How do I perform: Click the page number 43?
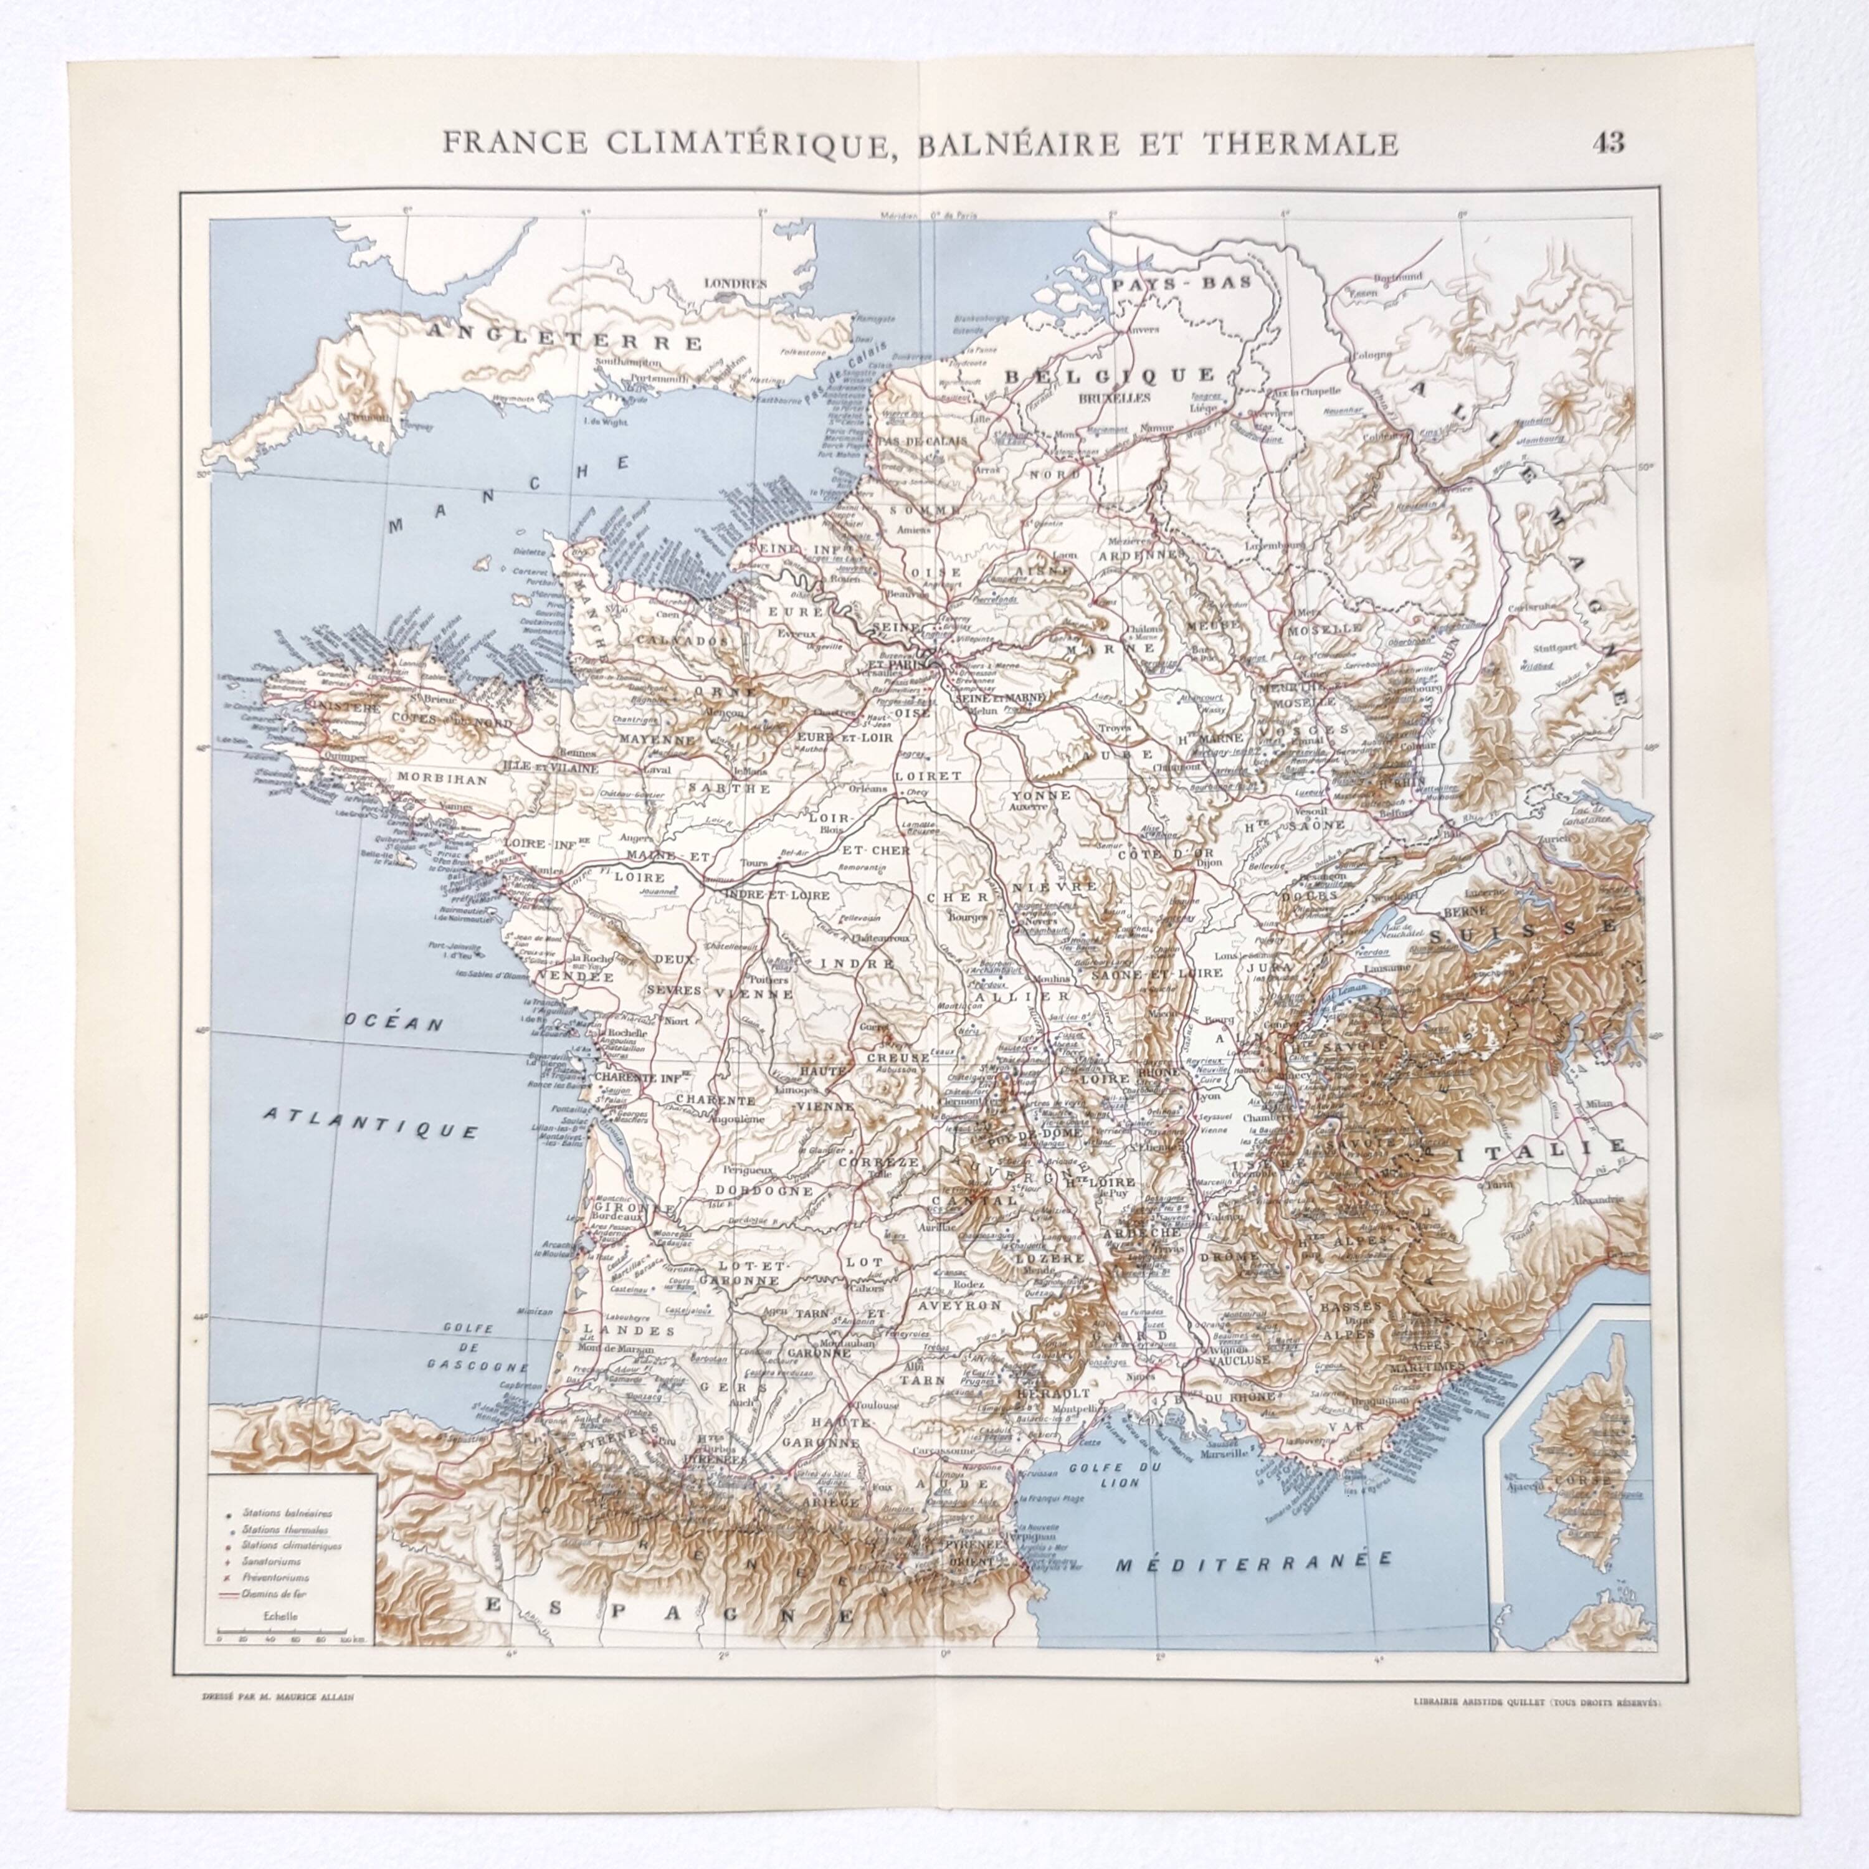(x=1608, y=143)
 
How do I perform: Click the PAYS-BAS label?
(x=1181, y=283)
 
